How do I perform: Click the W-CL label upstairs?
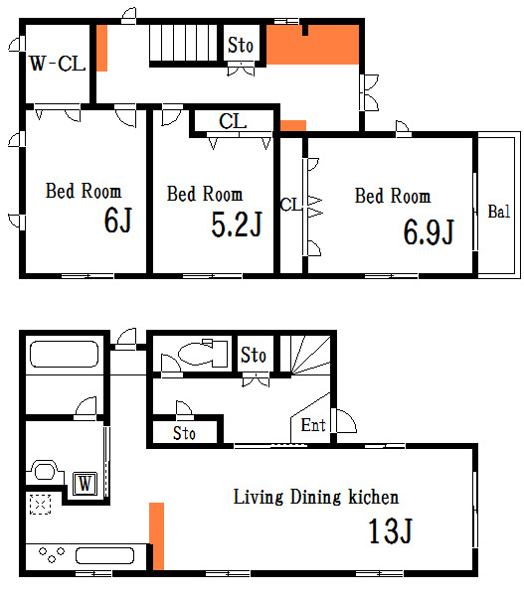tap(58, 64)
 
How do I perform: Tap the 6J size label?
tap(118, 221)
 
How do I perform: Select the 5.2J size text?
tap(237, 224)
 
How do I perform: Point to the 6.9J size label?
tap(429, 231)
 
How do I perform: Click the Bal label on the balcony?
tap(498, 212)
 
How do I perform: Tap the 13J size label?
tap(391, 530)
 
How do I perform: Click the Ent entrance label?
tap(313, 425)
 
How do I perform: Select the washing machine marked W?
tap(85, 484)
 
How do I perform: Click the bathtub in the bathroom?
tap(64, 355)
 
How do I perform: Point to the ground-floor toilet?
tap(203, 353)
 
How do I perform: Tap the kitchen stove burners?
tap(52, 554)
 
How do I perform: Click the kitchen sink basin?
tap(104, 555)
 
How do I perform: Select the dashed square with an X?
tap(41, 504)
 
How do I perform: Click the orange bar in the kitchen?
tap(156, 536)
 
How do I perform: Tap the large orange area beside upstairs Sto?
tap(313, 45)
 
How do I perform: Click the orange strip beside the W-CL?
tap(101, 48)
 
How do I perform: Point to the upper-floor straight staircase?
tap(183, 43)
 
